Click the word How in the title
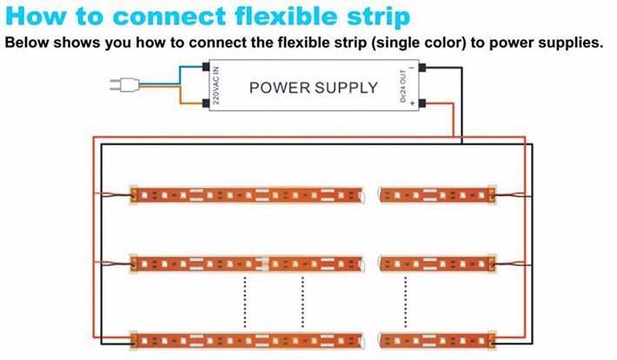[x=37, y=17]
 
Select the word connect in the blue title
[x=155, y=17]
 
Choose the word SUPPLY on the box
[x=346, y=87]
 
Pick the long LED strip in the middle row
[x=245, y=262]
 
